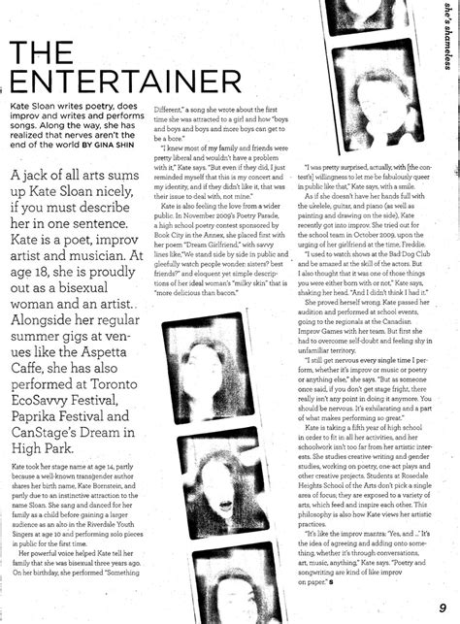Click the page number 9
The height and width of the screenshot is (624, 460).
(x=443, y=608)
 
